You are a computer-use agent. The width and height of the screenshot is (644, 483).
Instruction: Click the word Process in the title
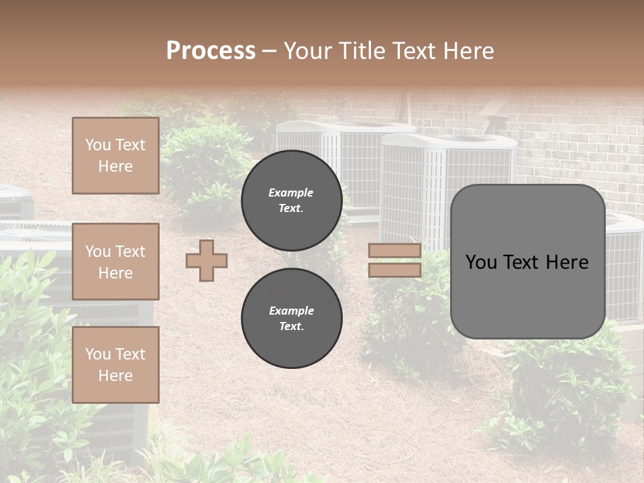click(211, 51)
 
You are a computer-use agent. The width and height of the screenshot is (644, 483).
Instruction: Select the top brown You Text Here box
click(115, 156)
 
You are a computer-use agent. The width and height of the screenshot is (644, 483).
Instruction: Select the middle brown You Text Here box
click(115, 262)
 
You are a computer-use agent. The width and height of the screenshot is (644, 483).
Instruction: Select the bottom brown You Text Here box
click(115, 365)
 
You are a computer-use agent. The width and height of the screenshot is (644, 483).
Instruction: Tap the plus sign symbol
click(207, 260)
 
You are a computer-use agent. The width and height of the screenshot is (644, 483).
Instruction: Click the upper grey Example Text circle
click(292, 200)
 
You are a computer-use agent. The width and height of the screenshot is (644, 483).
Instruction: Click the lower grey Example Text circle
click(292, 318)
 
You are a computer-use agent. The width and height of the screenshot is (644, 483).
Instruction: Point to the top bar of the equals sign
click(394, 251)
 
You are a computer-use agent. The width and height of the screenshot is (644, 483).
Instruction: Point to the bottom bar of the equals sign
click(394, 270)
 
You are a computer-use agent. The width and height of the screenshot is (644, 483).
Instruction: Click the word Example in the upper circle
click(291, 193)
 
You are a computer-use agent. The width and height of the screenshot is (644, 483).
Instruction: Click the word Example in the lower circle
click(291, 311)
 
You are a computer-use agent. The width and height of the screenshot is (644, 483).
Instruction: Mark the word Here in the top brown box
click(115, 166)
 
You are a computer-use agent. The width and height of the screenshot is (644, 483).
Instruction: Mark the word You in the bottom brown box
click(98, 354)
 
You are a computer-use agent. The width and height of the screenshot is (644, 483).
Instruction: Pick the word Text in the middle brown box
click(130, 252)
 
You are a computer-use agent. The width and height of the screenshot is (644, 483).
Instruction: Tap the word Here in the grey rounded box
click(568, 262)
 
